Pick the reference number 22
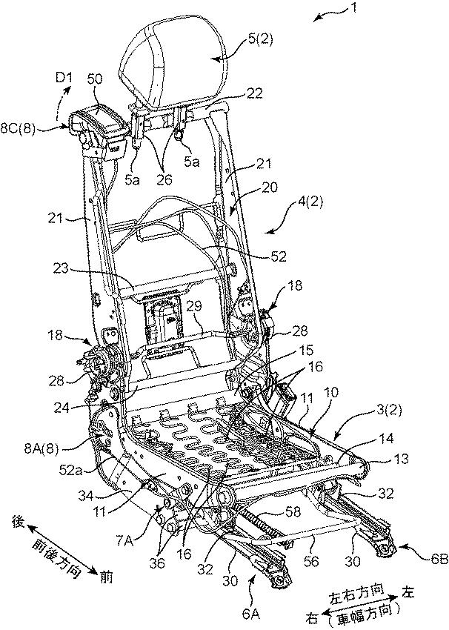pos(254,94)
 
